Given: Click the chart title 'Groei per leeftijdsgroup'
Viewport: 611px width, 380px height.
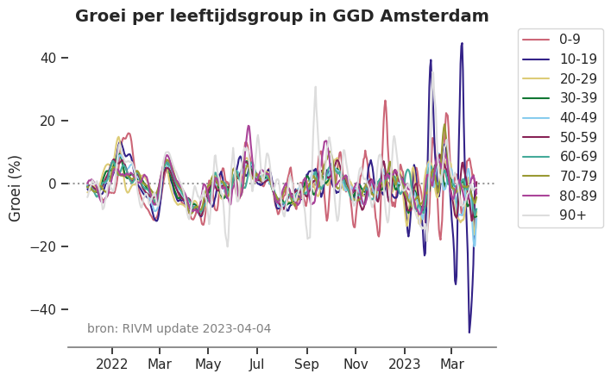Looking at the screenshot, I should (281, 16).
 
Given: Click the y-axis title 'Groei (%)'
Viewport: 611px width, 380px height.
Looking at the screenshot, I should (16, 188).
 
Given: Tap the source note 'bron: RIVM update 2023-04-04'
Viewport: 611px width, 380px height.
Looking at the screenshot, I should (179, 328).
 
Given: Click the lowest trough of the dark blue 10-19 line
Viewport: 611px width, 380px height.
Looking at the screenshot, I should (469, 332).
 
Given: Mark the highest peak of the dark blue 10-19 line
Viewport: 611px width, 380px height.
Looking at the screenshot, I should (462, 43).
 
